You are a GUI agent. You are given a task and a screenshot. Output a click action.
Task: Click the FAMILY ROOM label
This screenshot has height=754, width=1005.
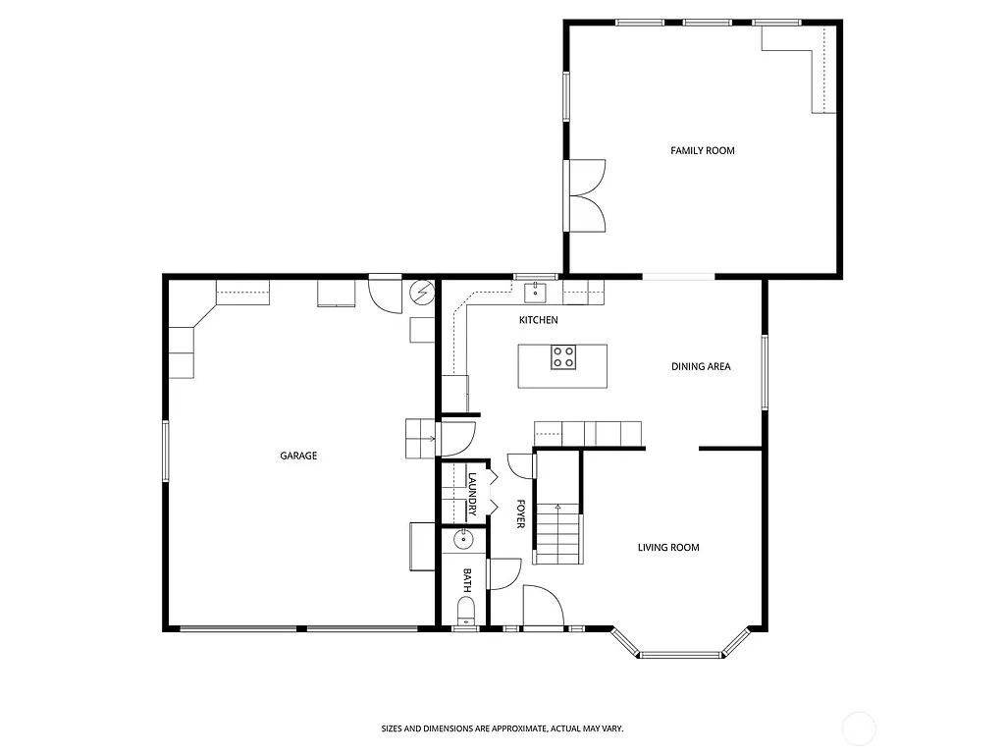pos(702,150)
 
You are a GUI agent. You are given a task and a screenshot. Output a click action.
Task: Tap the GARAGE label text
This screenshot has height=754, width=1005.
pos(298,456)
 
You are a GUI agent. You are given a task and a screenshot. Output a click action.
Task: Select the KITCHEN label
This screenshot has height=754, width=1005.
pos(538,320)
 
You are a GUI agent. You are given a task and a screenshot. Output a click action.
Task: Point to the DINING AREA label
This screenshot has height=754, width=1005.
pos(701,366)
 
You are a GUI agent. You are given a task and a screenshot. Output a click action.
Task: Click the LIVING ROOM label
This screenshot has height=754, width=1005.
pos(668,547)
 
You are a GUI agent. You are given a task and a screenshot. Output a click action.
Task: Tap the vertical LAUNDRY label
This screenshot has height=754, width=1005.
pos(472,494)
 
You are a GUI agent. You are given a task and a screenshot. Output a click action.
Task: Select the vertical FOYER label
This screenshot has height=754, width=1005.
pos(520,513)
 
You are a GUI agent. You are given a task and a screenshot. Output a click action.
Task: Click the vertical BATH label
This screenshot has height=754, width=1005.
pos(467,580)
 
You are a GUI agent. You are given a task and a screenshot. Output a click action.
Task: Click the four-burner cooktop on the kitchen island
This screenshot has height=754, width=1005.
pos(563,357)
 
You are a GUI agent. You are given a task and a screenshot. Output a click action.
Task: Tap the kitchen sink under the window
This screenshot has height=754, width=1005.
pos(537,291)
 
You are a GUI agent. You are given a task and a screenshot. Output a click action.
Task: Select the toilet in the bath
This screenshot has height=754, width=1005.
pos(466,611)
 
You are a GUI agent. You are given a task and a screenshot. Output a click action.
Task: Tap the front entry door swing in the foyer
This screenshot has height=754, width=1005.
pos(541,605)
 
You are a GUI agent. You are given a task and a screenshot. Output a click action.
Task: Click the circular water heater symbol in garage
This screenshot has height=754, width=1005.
pos(422,292)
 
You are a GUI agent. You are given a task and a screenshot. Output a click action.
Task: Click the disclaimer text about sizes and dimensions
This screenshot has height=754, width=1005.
pos(502,728)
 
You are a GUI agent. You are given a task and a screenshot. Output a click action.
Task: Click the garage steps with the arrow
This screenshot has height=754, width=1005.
pos(420,438)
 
